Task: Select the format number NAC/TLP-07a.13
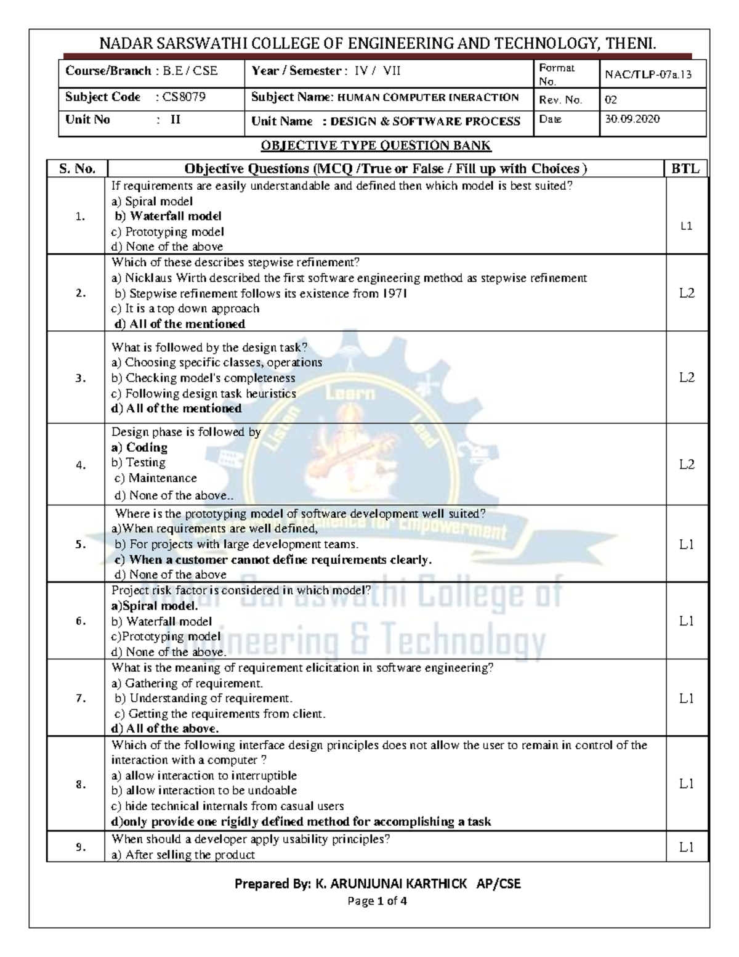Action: pyautogui.click(x=648, y=75)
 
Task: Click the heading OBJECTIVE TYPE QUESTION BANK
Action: pyautogui.click(x=376, y=146)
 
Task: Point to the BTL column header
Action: pyautogui.click(x=685, y=169)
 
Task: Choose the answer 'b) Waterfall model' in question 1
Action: pyautogui.click(x=168, y=216)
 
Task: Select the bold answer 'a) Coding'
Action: pyautogui.click(x=139, y=447)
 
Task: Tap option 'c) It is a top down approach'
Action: pyautogui.click(x=185, y=309)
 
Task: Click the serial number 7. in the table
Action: pyautogui.click(x=81, y=699)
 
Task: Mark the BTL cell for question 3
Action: pyautogui.click(x=687, y=378)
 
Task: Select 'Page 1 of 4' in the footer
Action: pyautogui.click(x=378, y=902)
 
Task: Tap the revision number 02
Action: pyautogui.click(x=611, y=100)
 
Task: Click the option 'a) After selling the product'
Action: pyautogui.click(x=183, y=855)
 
